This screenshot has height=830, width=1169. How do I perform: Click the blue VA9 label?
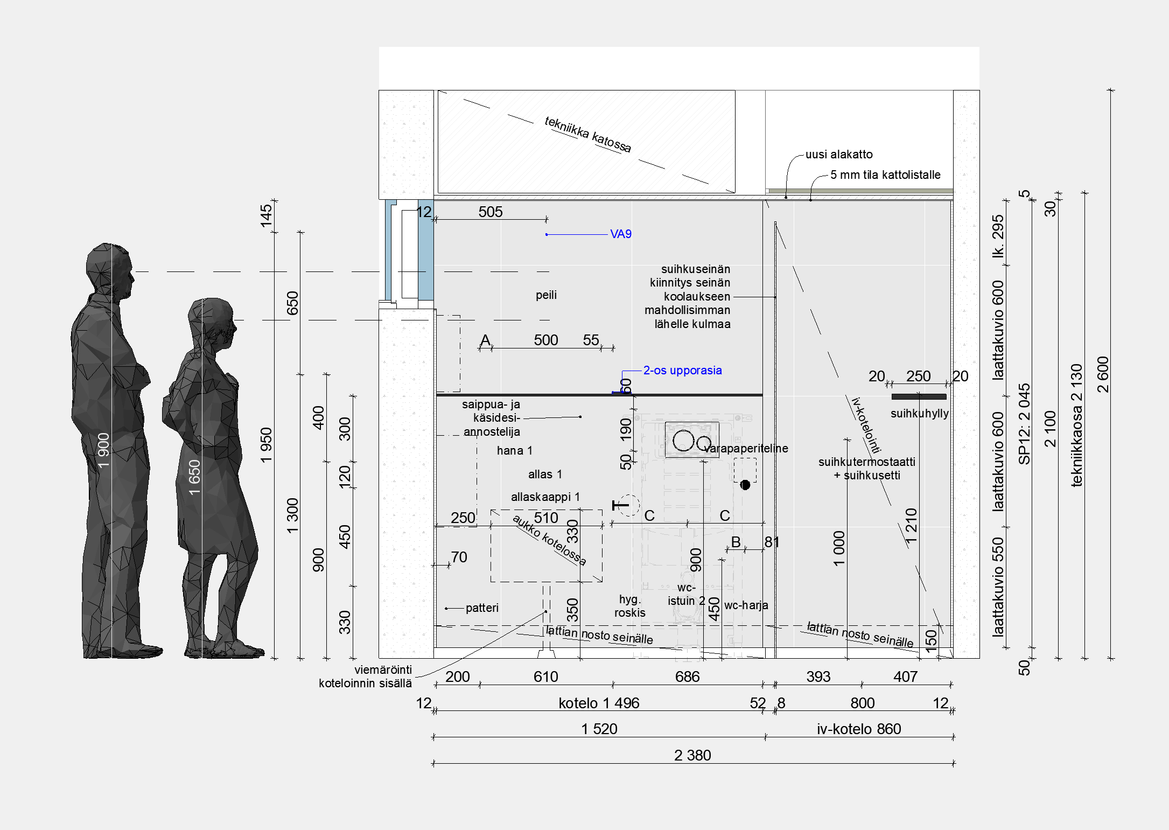tap(620, 234)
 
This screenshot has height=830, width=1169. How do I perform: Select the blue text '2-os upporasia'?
tap(682, 370)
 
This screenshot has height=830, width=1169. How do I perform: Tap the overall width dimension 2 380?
tap(692, 755)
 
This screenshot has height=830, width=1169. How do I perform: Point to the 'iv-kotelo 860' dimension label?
tap(859, 729)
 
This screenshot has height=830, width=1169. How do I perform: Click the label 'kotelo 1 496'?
tap(599, 703)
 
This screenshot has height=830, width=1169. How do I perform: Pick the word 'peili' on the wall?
tap(546, 295)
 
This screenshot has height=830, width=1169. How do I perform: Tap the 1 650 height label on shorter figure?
tap(194, 478)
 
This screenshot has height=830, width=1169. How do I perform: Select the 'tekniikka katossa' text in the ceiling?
tap(587, 134)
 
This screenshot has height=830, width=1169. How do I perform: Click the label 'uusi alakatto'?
tap(839, 154)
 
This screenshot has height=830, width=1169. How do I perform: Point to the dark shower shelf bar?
tap(919, 397)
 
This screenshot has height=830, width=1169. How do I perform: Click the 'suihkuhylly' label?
tap(919, 414)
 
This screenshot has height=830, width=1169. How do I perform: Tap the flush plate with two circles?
tap(692, 440)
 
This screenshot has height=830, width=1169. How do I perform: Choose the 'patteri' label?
tap(482, 608)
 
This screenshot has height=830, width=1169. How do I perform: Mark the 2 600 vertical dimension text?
tap(1103, 374)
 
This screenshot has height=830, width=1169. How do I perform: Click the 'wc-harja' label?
tap(746, 605)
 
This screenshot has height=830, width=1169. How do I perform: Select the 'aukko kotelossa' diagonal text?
tap(549, 540)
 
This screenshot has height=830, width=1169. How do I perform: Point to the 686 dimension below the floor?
tap(687, 676)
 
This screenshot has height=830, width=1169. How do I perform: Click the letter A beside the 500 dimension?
tap(485, 340)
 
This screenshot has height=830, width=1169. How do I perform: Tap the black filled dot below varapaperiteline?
tap(745, 485)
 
